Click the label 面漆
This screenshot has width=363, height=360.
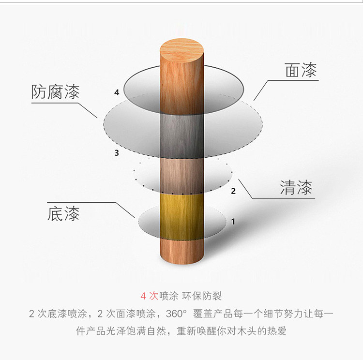coord(301,71)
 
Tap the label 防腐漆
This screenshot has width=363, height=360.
coord(55,91)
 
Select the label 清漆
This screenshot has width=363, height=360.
coord(296,188)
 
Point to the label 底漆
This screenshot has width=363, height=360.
coord(63,214)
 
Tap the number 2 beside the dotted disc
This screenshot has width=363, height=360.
coord(233,191)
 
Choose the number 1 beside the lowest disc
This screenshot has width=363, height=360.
coord(233,222)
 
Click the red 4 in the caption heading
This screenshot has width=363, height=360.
coord(143,296)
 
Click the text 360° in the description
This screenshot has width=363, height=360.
coord(175,314)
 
